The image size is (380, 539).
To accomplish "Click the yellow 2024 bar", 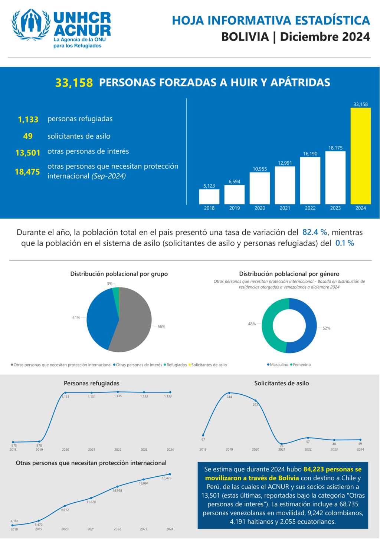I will [x=360, y=156].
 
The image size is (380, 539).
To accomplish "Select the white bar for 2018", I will [x=209, y=197].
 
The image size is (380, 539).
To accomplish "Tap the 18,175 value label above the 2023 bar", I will [x=335, y=148].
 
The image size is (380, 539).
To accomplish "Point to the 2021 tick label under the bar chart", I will [x=285, y=208].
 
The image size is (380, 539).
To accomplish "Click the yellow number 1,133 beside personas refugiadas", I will [x=28, y=119].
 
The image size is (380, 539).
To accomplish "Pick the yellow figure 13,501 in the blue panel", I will [x=28, y=153].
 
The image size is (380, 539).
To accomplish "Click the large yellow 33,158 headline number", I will [x=74, y=83].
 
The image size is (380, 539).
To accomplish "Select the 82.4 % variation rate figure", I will [x=315, y=233].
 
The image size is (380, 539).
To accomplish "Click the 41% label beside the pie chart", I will [x=76, y=318].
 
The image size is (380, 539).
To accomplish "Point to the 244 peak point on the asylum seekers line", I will [x=229, y=393].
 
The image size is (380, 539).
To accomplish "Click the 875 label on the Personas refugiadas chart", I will [x=14, y=446].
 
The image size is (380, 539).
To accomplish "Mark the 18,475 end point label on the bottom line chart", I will [x=167, y=478].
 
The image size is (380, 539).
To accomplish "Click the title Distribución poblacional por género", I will [x=289, y=274].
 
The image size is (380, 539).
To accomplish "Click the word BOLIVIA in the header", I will [x=245, y=37].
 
